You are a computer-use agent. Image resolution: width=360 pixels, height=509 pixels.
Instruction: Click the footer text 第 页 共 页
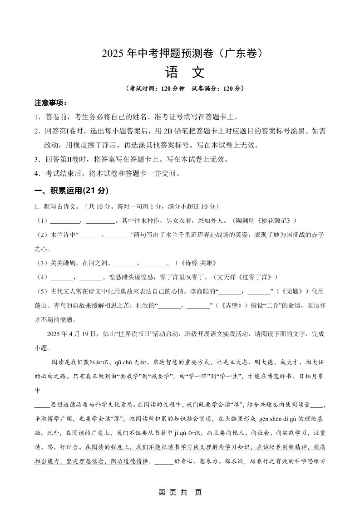180,492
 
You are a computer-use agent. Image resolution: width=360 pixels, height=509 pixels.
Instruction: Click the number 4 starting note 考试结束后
36,174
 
